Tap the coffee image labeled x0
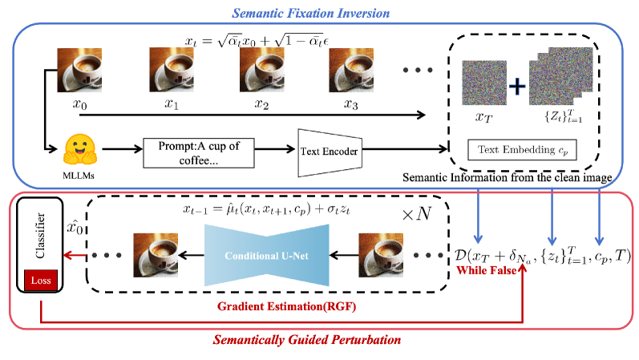[x=79, y=70]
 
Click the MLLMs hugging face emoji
[x=79, y=149]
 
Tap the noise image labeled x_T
[x=483, y=84]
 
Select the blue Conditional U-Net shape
[x=267, y=255]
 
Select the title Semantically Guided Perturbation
[x=306, y=340]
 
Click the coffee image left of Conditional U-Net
[x=155, y=255]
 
